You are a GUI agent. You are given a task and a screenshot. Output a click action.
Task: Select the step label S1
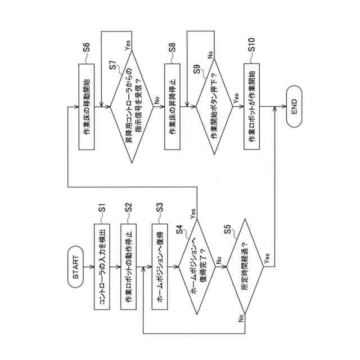[103, 208]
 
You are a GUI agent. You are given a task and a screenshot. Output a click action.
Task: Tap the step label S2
[128, 208]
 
